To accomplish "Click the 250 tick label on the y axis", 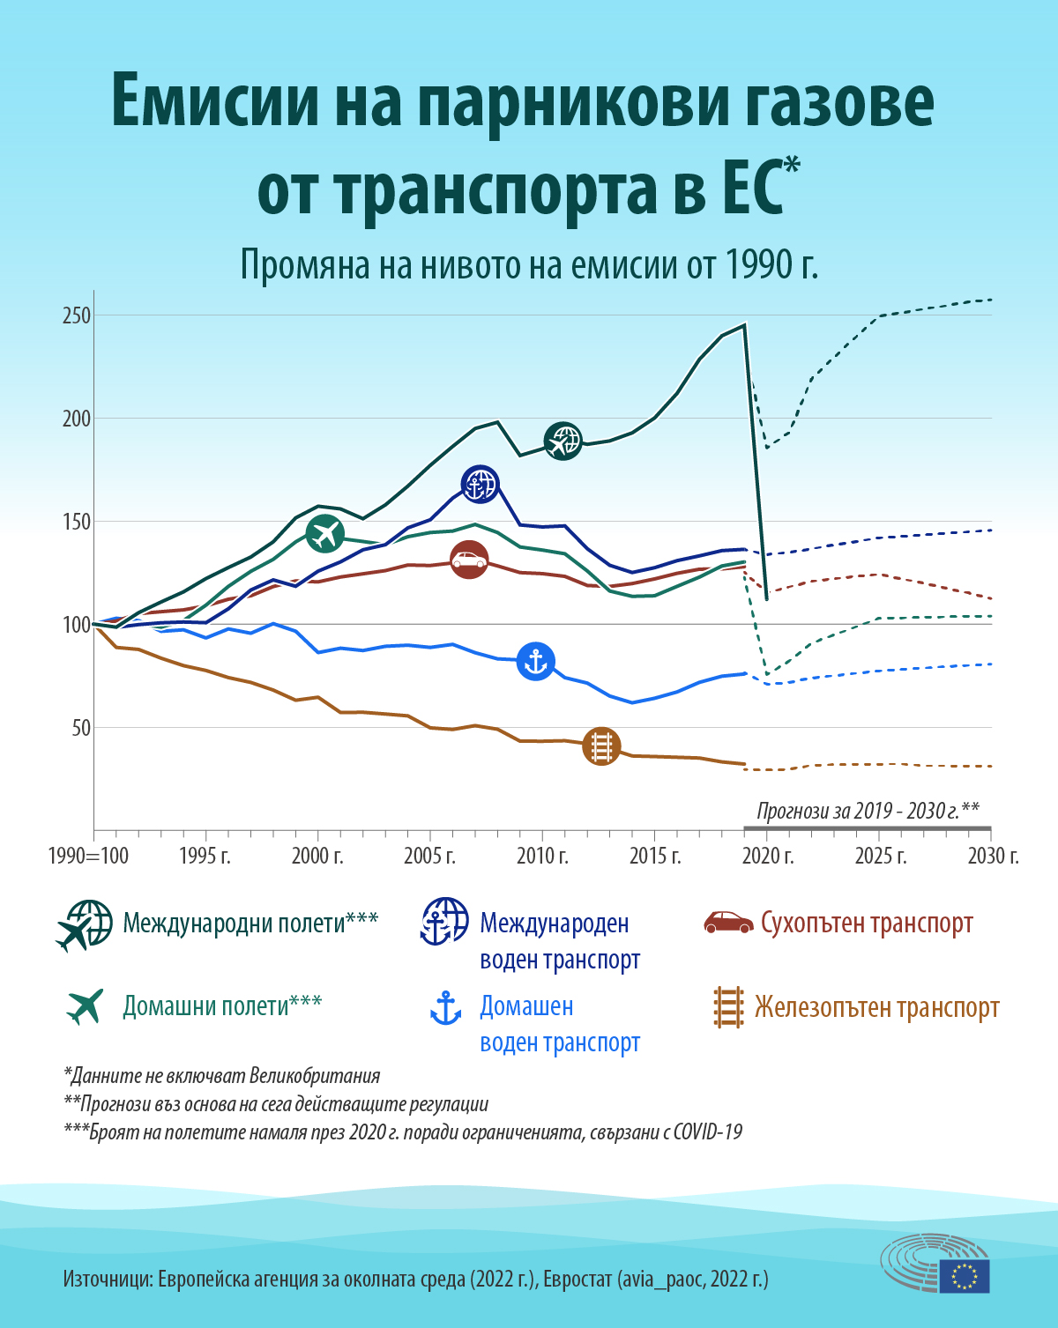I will click(77, 315).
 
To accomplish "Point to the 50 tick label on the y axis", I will click(81, 728).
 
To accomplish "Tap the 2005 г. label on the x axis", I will click(429, 856).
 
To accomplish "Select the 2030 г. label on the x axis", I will click(994, 856).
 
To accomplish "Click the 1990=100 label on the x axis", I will click(88, 856).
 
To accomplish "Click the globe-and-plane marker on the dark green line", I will click(563, 441).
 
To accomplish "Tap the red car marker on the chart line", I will click(469, 560).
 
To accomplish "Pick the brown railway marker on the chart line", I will click(601, 746).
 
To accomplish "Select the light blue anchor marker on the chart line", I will click(535, 661).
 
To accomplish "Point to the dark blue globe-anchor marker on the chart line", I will click(481, 484).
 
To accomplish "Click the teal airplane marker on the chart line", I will click(325, 534).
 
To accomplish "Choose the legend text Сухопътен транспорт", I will click(867, 923).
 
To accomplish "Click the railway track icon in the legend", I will click(728, 1006).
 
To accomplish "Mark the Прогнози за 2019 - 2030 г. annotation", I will click(868, 811).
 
